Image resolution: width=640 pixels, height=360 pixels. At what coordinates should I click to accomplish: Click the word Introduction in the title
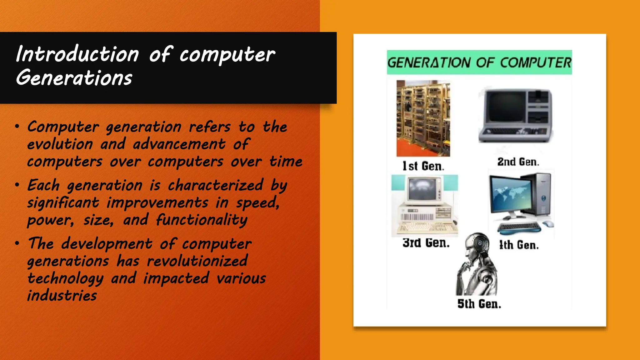[x=77, y=54]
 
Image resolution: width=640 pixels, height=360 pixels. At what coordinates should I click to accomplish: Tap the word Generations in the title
[x=74, y=78]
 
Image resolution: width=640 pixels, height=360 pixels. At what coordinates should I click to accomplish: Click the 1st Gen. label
[x=423, y=166]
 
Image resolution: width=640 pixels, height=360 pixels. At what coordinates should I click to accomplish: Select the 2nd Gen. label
[x=518, y=162]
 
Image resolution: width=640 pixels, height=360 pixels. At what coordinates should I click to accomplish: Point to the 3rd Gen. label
[x=426, y=243]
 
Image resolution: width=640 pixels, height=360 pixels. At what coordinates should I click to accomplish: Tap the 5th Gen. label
[x=479, y=304]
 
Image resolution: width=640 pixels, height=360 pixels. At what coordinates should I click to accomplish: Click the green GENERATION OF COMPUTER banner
[x=479, y=62]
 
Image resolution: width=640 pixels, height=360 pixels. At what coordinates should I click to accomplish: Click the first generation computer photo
[x=423, y=118]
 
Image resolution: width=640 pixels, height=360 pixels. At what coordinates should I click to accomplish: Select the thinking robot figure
[x=477, y=264]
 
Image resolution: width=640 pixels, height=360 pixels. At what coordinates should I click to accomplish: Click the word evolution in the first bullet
[x=60, y=144]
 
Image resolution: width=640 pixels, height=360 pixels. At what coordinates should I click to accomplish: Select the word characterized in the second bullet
[x=216, y=185]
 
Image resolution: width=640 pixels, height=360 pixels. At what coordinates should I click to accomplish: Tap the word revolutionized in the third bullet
[x=197, y=261]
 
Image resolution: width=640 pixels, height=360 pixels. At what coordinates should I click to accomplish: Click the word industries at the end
[x=62, y=296]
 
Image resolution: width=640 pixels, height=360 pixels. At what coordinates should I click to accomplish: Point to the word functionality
[x=202, y=220]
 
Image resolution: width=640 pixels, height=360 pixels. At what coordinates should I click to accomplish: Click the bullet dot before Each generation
[x=17, y=185]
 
